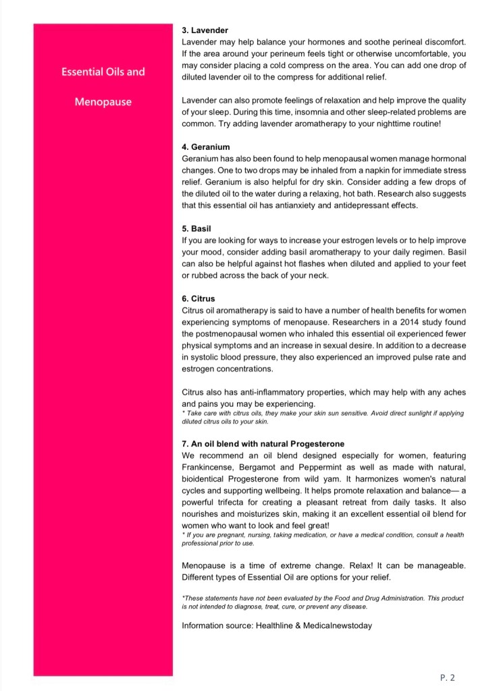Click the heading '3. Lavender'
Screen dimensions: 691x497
click(x=205, y=30)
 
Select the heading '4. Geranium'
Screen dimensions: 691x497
click(x=206, y=146)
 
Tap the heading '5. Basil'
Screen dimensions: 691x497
click(x=197, y=229)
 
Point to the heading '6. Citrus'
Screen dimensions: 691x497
click(x=199, y=298)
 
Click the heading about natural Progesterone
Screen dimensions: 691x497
click(x=263, y=444)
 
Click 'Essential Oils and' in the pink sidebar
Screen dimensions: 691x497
click(x=103, y=72)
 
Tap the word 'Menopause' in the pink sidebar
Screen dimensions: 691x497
click(x=103, y=102)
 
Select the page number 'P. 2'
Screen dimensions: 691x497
click(x=447, y=677)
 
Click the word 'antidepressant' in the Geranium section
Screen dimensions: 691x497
click(x=350, y=205)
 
